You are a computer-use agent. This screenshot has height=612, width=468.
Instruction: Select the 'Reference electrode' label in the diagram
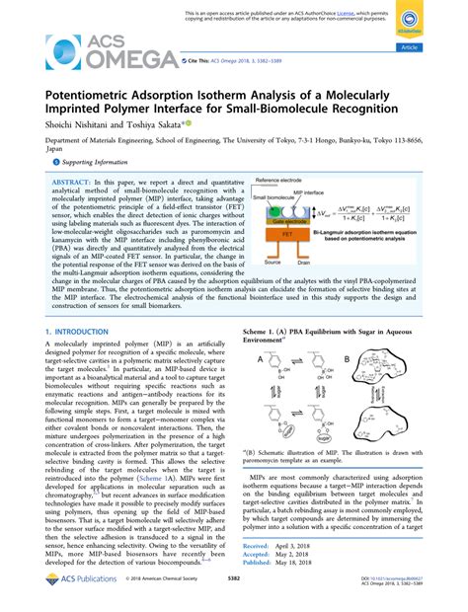tap(281, 182)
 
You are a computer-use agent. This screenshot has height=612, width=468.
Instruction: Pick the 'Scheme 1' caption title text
tap(263, 332)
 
